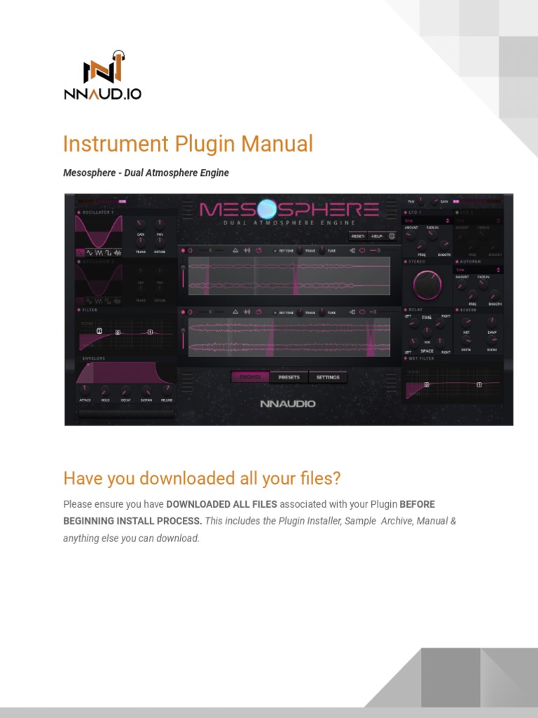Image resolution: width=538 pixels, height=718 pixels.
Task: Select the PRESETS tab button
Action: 289,377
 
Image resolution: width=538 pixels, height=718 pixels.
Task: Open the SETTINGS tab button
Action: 328,377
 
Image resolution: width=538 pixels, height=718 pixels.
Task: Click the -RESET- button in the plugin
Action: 357,236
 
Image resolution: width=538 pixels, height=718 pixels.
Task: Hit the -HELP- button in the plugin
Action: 377,236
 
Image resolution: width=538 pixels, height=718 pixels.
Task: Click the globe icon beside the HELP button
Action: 392,236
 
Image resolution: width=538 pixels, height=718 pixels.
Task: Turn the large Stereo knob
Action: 427,284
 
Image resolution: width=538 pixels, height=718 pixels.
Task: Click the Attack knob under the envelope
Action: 85,391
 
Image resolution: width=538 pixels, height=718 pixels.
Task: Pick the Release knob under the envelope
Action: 167,391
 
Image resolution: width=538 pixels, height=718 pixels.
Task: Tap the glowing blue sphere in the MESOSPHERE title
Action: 268,209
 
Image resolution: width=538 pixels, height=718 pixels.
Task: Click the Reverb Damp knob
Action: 492,322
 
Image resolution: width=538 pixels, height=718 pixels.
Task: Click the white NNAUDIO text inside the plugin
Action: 288,404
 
